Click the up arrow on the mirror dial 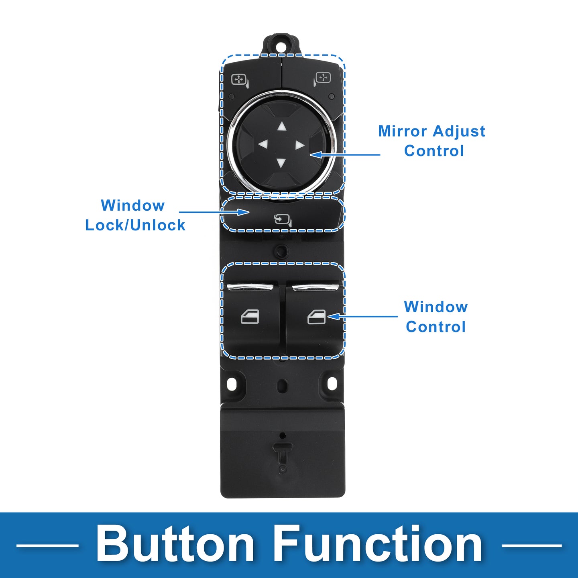coord(282,126)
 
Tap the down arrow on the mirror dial coord(281,163)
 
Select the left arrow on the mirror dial coord(263,144)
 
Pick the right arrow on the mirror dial coord(300,145)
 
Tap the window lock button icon coord(283,220)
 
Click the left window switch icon coord(250,317)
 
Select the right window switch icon coord(316,317)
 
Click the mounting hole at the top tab coord(282,47)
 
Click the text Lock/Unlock coord(135,225)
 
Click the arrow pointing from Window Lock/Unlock coord(214,212)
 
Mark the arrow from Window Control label coord(362,316)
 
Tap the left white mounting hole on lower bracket coord(232,383)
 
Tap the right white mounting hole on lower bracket coord(332,383)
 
